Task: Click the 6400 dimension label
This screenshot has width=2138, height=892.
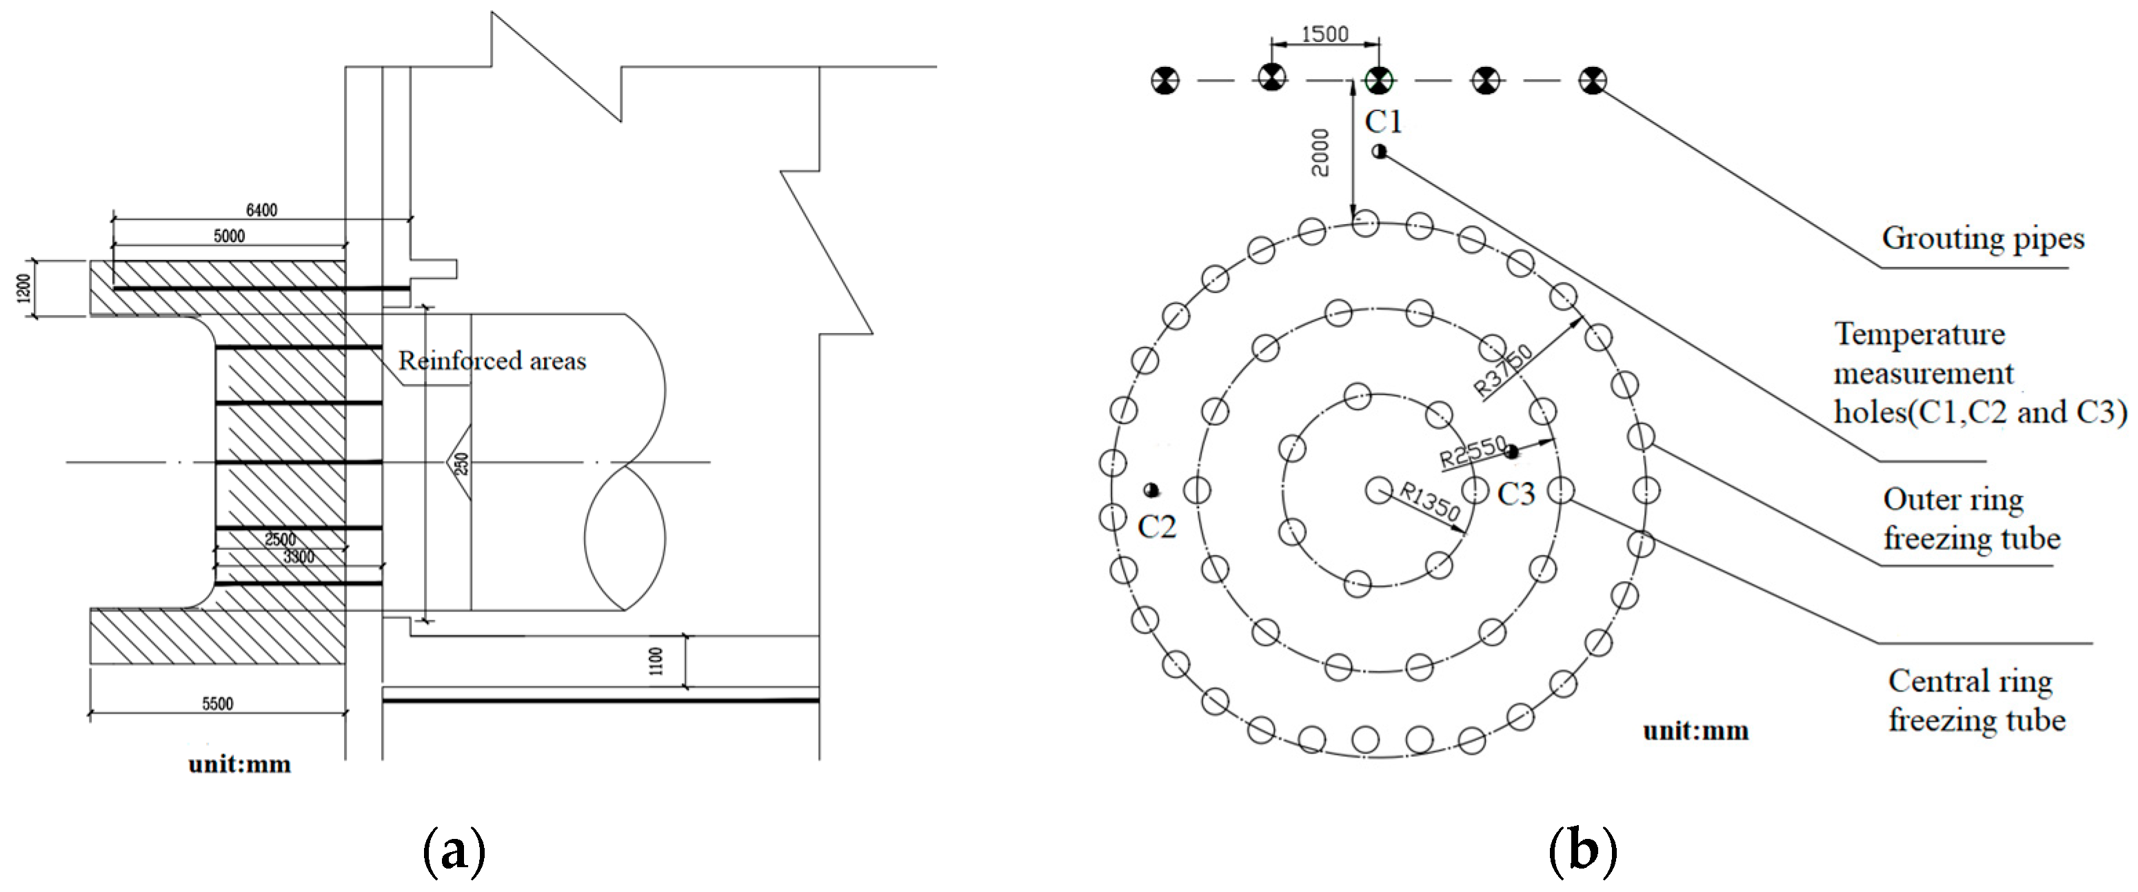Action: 261,211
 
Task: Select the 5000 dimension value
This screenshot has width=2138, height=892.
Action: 229,236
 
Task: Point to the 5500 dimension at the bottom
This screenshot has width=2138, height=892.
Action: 217,704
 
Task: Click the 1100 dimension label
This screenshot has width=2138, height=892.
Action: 656,661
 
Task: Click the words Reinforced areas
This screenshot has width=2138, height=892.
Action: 492,361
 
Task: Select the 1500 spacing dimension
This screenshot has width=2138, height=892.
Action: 1324,34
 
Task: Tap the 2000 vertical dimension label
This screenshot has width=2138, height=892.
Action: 1320,152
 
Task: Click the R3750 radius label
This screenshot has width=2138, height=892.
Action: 1503,370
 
